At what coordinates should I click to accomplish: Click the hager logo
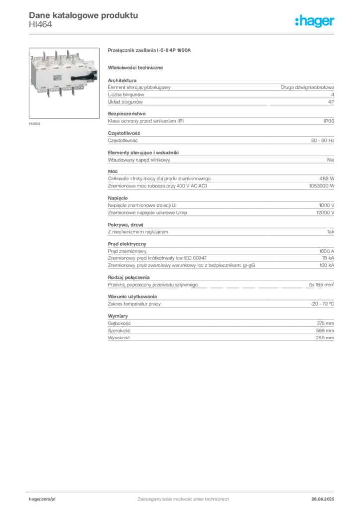click(x=315, y=21)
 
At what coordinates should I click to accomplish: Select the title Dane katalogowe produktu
click(x=84, y=15)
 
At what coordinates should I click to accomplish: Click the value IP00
click(x=329, y=121)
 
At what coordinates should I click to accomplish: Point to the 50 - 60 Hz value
click(x=322, y=141)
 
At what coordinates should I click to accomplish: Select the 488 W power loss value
click(x=327, y=179)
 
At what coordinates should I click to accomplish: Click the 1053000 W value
click(x=321, y=186)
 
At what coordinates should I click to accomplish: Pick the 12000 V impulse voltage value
click(x=325, y=213)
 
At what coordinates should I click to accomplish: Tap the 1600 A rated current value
click(x=327, y=251)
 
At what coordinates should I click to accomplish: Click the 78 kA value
click(x=328, y=258)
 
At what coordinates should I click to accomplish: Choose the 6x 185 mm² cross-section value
click(x=321, y=285)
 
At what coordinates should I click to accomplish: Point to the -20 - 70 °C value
click(x=322, y=304)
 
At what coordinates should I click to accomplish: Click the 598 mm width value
click(x=325, y=331)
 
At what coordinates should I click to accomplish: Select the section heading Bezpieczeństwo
click(x=127, y=114)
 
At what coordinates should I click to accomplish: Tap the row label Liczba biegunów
click(x=126, y=95)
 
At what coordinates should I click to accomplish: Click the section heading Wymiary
click(x=118, y=316)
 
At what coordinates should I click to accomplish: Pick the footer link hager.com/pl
click(x=42, y=499)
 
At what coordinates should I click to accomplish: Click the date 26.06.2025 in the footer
click(x=323, y=499)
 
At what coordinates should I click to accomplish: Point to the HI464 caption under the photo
click(x=34, y=124)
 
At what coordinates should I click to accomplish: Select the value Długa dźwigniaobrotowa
click(x=307, y=87)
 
